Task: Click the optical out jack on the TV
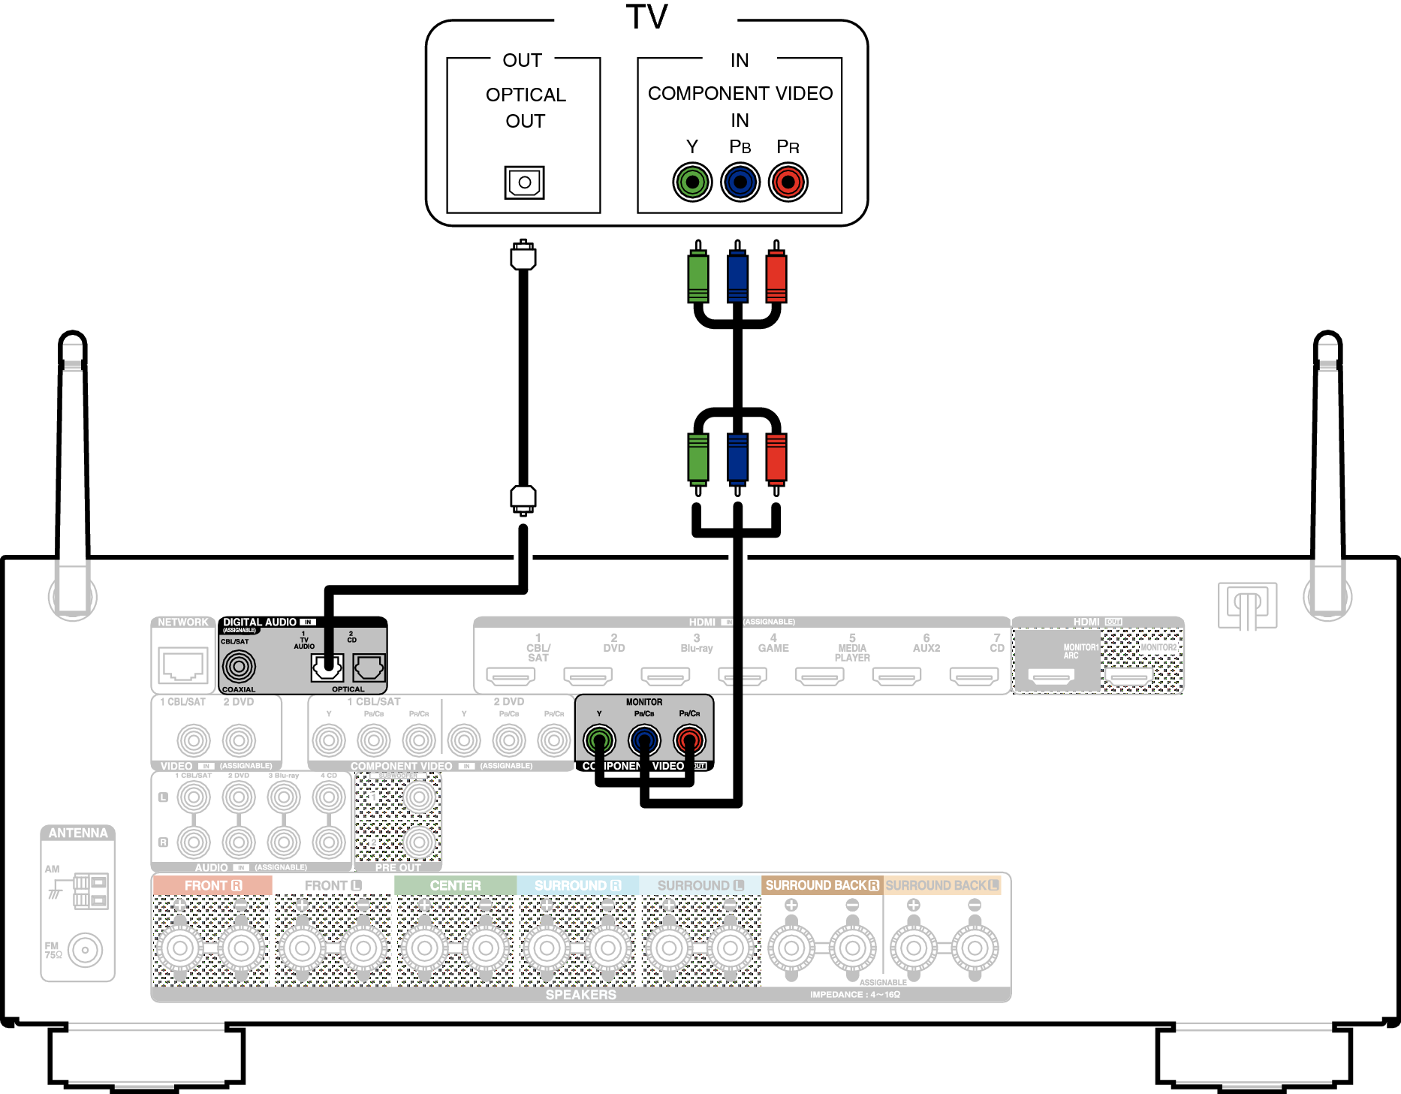pyautogui.click(x=524, y=182)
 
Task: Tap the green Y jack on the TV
pyautogui.click(x=692, y=182)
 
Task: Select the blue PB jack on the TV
pyautogui.click(x=740, y=182)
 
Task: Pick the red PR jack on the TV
pyautogui.click(x=788, y=182)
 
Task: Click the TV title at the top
pyautogui.click(x=646, y=17)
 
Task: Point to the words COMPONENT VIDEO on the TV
pyautogui.click(x=740, y=93)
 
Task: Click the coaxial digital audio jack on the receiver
pyautogui.click(x=240, y=665)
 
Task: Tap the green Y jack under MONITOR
pyautogui.click(x=599, y=740)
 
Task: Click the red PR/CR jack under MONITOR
pyautogui.click(x=689, y=740)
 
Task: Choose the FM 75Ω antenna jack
pyautogui.click(x=85, y=950)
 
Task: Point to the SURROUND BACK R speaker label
pyautogui.click(x=821, y=885)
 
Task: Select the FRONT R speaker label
pyautogui.click(x=212, y=885)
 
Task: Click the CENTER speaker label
pyautogui.click(x=455, y=885)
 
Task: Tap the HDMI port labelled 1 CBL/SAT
pyautogui.click(x=511, y=677)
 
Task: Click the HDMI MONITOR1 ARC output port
pyautogui.click(x=1051, y=677)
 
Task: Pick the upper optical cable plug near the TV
pyautogui.click(x=523, y=255)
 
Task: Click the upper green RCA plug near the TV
pyautogui.click(x=698, y=276)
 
